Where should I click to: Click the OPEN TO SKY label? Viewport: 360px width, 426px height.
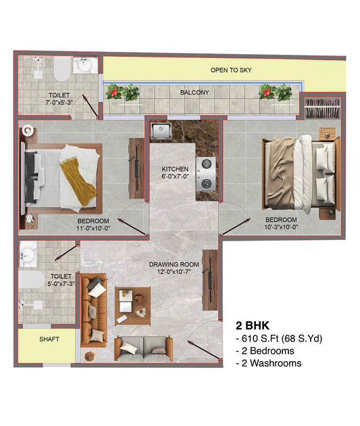(231, 70)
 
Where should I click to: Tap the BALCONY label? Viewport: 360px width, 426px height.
(195, 93)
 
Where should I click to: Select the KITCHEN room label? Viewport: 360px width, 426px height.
(175, 169)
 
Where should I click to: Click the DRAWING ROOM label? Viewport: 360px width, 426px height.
(174, 264)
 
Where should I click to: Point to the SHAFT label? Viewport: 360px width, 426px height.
(49, 339)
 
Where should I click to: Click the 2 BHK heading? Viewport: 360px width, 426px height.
(253, 325)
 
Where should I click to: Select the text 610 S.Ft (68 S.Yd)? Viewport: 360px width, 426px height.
(282, 339)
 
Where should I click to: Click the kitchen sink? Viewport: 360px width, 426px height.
(161, 131)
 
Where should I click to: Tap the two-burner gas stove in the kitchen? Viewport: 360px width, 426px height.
(206, 174)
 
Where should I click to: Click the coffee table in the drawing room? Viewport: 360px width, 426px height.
(132, 306)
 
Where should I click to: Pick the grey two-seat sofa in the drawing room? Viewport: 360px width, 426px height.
(143, 349)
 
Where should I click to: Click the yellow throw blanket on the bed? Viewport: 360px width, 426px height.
(78, 182)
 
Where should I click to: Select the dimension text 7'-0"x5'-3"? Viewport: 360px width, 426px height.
(59, 102)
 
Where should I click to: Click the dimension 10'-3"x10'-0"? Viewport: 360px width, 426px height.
(281, 227)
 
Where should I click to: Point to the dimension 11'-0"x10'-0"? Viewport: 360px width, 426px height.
(93, 229)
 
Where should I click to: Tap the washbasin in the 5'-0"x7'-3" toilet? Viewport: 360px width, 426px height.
(28, 254)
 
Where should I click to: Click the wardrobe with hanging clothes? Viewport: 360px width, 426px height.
(322, 108)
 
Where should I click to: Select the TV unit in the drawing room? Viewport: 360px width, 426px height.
(210, 280)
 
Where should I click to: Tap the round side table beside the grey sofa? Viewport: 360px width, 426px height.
(90, 356)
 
